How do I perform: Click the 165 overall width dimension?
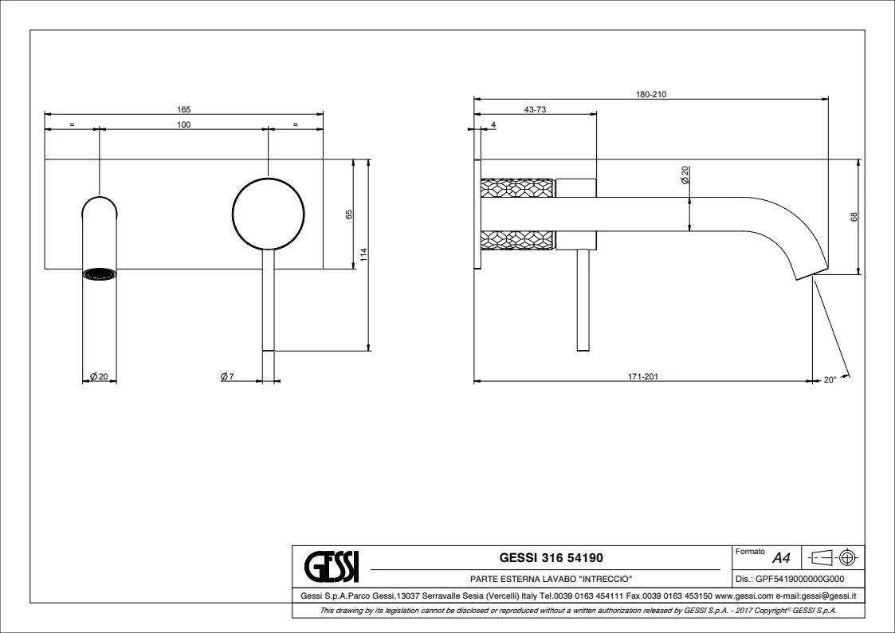184,109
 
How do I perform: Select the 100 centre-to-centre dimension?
184,124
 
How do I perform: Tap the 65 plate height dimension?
349,214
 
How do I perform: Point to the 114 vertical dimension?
363,254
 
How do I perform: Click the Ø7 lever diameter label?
227,376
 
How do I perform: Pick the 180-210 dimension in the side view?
651,95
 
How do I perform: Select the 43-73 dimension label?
535,109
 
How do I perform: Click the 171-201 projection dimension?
643,377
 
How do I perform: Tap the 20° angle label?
830,379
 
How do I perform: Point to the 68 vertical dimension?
854,217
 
